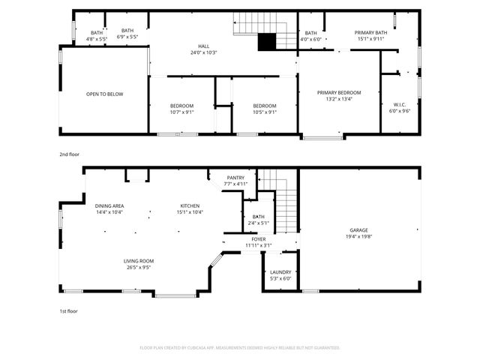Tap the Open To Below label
104,94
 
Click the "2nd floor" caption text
69,154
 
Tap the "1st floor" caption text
68,310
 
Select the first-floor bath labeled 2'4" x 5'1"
258,219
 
